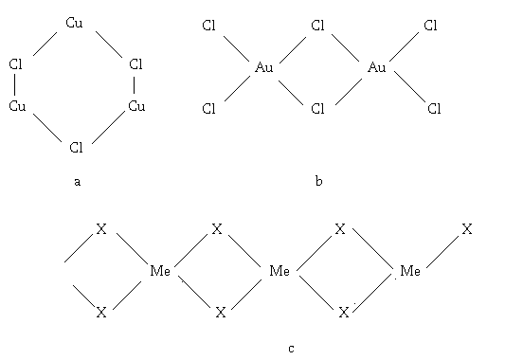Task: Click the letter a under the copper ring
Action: [77, 182]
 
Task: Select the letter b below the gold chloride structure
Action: [318, 181]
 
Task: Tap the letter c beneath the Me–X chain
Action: [291, 349]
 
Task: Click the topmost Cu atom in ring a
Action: [74, 23]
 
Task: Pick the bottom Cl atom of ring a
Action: [77, 148]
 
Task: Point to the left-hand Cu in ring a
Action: [17, 106]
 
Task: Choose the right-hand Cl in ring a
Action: [135, 64]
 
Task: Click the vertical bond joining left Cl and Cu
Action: [14, 84]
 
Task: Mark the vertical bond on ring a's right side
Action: [134, 84]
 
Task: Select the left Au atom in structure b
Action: [264, 67]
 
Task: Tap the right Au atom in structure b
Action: [377, 67]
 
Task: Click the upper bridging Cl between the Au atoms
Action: [318, 26]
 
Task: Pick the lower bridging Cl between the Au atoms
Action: [318, 109]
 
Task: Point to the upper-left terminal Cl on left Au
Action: [208, 26]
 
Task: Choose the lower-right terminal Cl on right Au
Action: [434, 109]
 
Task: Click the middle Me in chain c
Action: [280, 271]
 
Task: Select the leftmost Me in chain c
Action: [160, 271]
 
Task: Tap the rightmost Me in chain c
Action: [410, 271]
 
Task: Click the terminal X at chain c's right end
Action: [467, 229]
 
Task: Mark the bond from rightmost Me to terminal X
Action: [442, 252]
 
